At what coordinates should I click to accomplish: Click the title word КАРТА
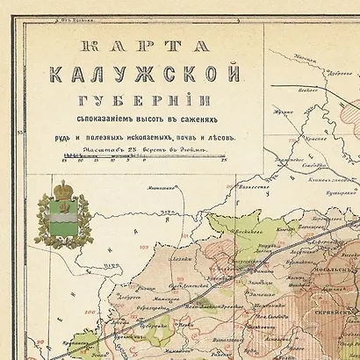coord(150,48)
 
